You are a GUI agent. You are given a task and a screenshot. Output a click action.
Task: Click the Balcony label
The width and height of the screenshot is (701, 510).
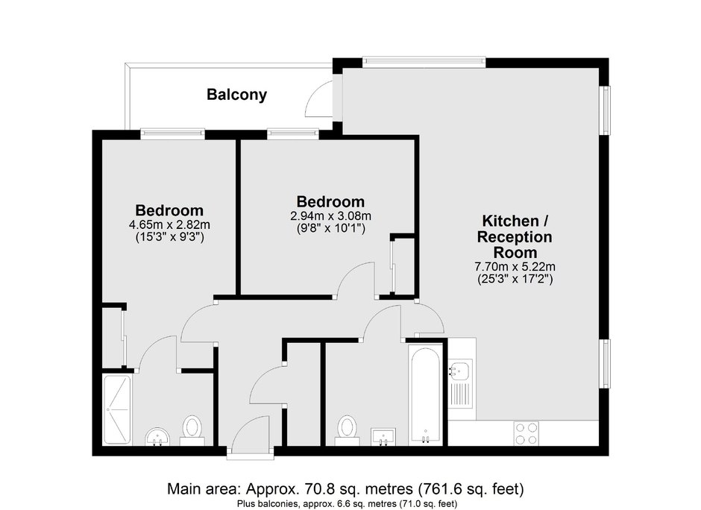click(x=236, y=95)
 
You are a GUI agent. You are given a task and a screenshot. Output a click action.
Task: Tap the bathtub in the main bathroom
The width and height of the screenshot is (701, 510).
click(x=426, y=394)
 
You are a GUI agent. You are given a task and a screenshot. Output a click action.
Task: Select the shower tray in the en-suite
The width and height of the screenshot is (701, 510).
click(x=117, y=410)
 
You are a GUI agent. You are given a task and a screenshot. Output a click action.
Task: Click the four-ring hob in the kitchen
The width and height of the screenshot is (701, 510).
click(x=526, y=433)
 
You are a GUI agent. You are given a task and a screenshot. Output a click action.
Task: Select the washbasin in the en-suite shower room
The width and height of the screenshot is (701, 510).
click(x=157, y=437)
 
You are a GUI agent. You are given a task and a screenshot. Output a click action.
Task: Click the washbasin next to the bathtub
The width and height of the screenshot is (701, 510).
click(x=383, y=436)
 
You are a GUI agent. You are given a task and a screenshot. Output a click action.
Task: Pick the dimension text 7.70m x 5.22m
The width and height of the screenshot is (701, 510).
click(x=515, y=267)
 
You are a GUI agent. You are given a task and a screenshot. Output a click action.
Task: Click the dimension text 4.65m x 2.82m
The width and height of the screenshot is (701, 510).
click(x=169, y=224)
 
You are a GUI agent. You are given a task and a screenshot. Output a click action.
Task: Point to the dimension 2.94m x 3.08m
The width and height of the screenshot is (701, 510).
click(x=330, y=216)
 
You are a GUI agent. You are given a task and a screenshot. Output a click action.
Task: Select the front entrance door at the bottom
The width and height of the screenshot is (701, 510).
click(x=251, y=453)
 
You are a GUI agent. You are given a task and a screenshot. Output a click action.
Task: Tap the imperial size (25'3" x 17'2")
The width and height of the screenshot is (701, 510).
click(x=515, y=280)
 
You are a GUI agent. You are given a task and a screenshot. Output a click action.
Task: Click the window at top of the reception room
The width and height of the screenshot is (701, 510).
click(x=424, y=62)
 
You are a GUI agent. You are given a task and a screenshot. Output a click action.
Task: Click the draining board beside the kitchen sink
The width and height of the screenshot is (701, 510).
click(x=460, y=394)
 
